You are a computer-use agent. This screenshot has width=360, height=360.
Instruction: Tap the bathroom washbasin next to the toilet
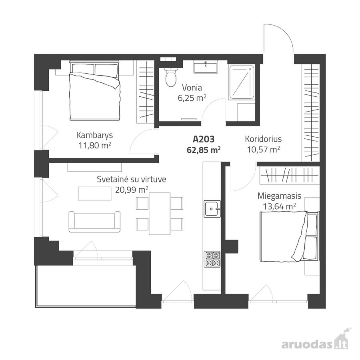205,67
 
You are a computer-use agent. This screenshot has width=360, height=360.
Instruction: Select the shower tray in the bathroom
242,82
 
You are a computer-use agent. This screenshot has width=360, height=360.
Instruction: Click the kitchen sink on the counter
212,208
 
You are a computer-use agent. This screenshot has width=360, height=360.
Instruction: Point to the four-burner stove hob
212,259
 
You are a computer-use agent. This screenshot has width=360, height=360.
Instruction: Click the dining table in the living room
160,214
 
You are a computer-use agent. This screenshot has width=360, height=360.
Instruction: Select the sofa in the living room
94,222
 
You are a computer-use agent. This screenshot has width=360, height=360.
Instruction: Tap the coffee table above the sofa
94,194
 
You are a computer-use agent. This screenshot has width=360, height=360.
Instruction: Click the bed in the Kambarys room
94,90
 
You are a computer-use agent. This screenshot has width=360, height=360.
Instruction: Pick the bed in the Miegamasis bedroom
290,236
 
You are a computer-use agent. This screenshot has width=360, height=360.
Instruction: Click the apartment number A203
204,139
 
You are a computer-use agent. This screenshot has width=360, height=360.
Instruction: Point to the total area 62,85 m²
204,150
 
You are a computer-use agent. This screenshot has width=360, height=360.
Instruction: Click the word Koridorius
263,139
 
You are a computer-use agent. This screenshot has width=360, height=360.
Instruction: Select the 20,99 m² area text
132,190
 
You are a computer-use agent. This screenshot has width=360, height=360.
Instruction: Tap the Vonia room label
192,88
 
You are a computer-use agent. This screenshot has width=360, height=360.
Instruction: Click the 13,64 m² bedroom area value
279,207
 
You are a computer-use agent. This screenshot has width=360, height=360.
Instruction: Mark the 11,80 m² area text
95,145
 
